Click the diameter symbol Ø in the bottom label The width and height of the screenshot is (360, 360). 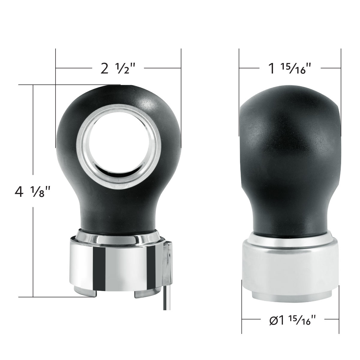pos(273,320)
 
